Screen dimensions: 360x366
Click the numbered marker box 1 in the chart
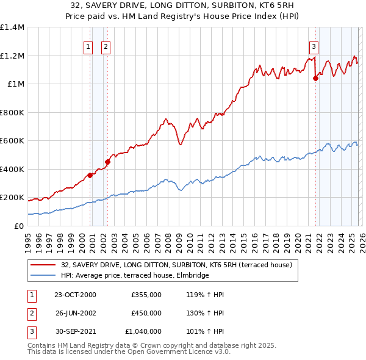[88, 46]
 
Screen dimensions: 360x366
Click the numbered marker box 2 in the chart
[106, 46]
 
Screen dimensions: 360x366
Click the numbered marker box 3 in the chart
[314, 46]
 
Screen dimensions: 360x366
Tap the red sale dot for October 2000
[90, 175]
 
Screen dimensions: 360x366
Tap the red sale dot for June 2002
[107, 162]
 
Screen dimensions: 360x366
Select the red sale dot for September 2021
[316, 78]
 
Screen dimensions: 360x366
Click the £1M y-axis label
[15, 84]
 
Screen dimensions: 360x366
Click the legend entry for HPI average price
[134, 275]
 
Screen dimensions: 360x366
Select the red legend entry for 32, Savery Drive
[176, 265]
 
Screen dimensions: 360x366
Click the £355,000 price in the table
[146, 295]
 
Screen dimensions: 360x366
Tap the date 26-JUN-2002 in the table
[76, 313]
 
